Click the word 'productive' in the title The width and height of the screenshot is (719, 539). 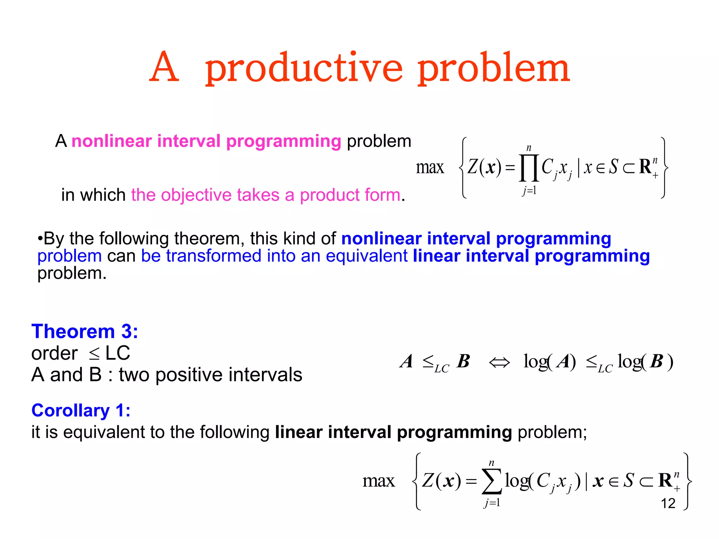pos(304,68)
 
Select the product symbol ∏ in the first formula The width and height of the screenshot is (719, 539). pos(529,168)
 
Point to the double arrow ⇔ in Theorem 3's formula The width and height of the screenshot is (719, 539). pos(499,362)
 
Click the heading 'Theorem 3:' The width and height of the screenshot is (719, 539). pos(85,331)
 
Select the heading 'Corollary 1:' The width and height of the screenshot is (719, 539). pos(81,410)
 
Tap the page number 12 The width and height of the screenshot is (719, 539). pos(668,504)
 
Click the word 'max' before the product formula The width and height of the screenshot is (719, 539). pos(430,167)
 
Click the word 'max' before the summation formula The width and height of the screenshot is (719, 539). pos(378,481)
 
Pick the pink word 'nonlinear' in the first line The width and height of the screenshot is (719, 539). pos(111,141)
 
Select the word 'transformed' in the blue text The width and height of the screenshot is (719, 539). pos(213,256)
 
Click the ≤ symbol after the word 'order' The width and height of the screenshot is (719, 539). pos(94,354)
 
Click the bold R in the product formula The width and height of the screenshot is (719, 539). pos(645,167)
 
